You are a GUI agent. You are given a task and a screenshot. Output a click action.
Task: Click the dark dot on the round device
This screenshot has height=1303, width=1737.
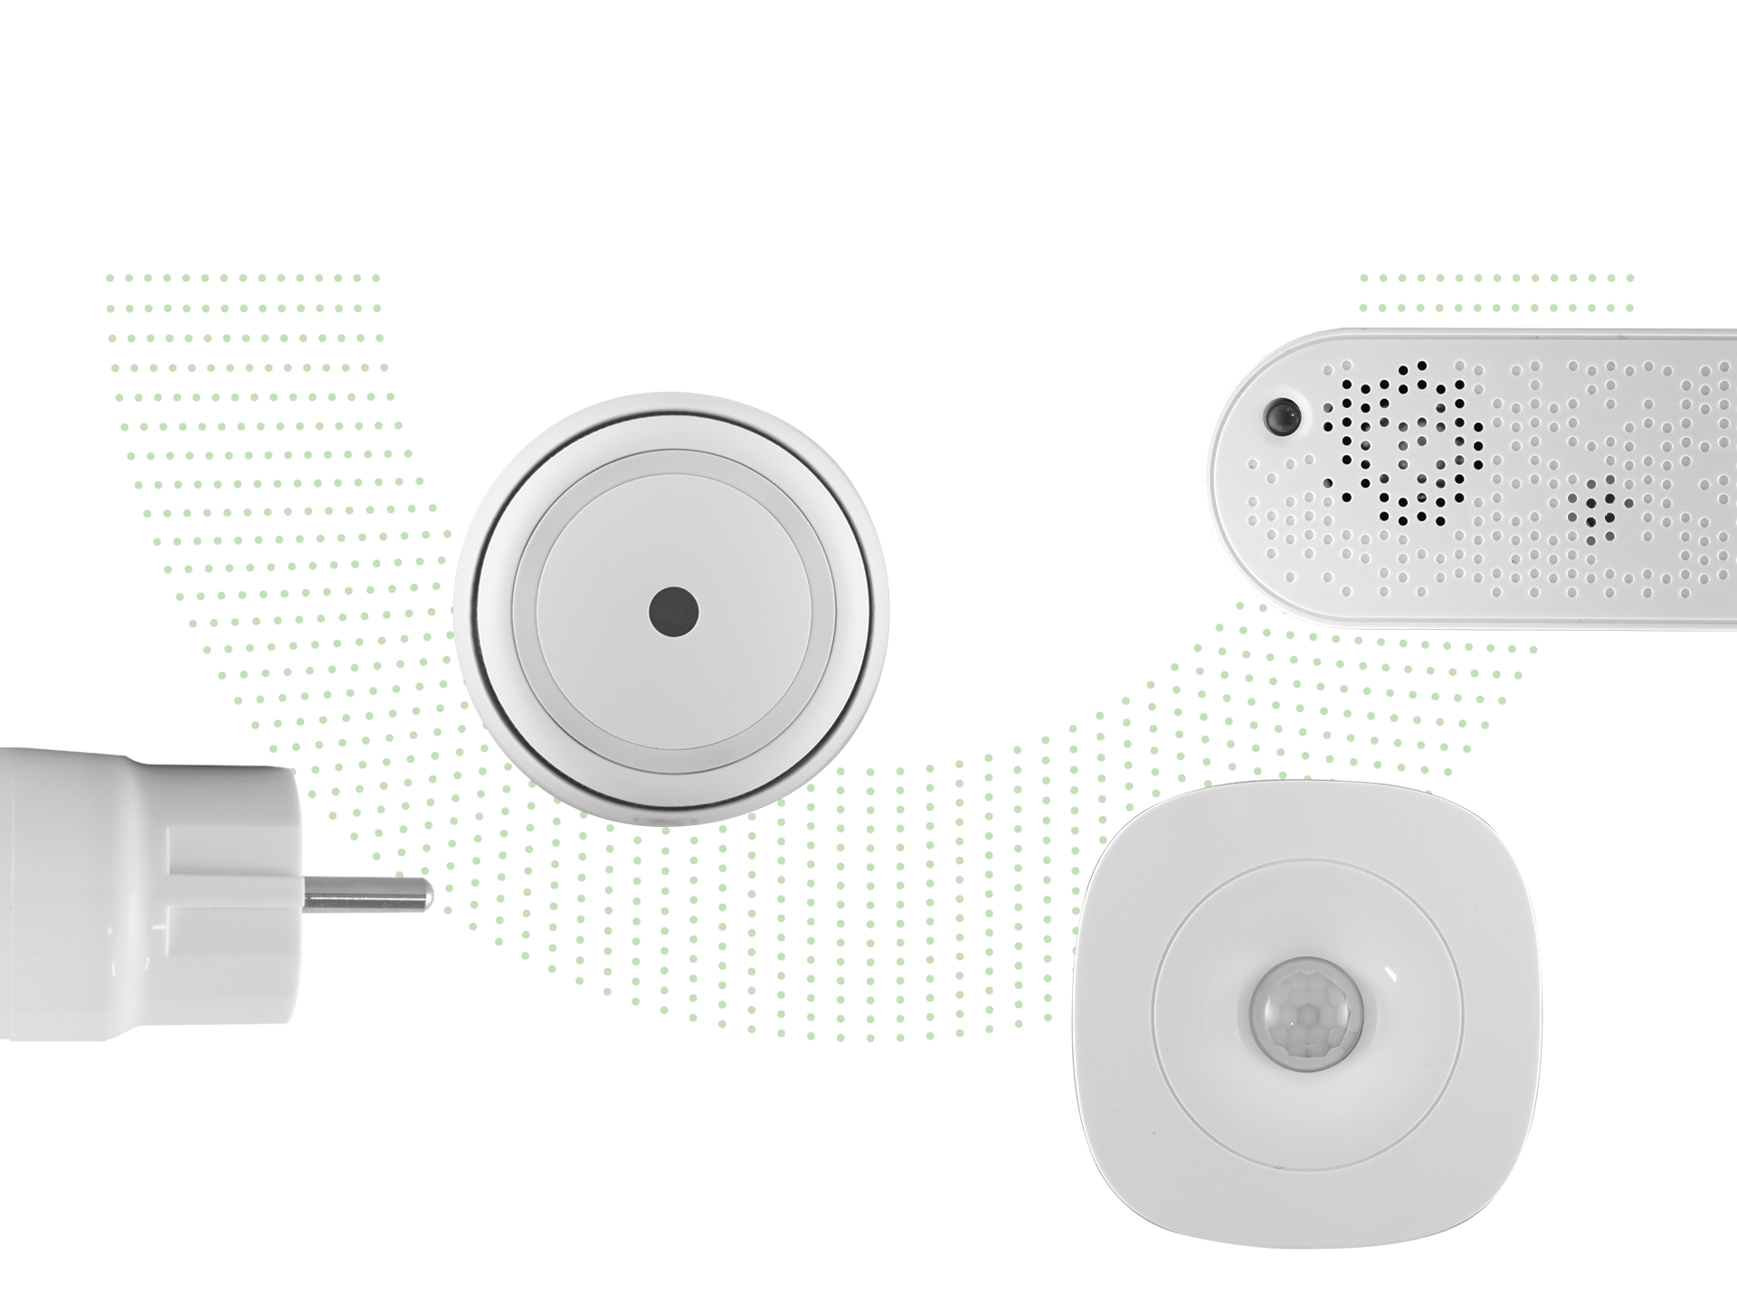673,612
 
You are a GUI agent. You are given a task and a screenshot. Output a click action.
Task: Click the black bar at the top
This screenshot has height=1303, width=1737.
868,136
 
